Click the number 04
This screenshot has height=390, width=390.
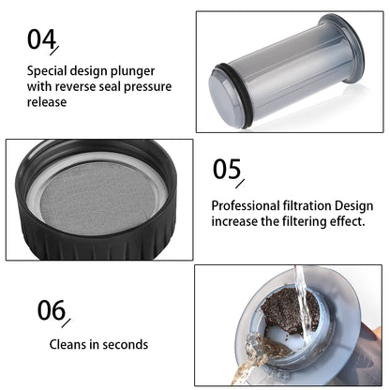(41, 38)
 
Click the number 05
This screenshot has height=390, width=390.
(227, 169)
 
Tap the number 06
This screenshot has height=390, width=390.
(52, 310)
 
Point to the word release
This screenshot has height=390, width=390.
(47, 102)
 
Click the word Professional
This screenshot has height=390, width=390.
(246, 205)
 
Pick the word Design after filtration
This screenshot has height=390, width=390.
(354, 206)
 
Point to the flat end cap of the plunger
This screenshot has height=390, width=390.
(223, 97)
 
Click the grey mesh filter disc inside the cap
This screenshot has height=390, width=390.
(98, 198)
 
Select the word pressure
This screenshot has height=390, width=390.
(148, 87)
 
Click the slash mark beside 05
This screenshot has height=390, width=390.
(240, 184)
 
